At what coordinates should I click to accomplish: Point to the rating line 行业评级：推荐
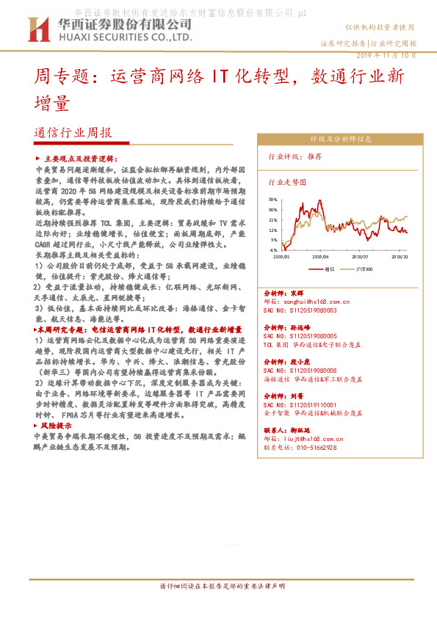[x=295, y=156]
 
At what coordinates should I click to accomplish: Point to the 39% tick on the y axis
[x=273, y=199]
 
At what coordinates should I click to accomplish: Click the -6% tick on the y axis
[x=274, y=250]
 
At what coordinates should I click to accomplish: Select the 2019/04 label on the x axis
[x=321, y=257]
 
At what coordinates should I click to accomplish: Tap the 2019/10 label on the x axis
[x=400, y=257]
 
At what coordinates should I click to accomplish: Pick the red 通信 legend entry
[x=329, y=269]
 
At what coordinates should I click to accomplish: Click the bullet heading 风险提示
[x=56, y=425]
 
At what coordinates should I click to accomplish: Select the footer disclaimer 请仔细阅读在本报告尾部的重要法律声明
[x=222, y=607]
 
